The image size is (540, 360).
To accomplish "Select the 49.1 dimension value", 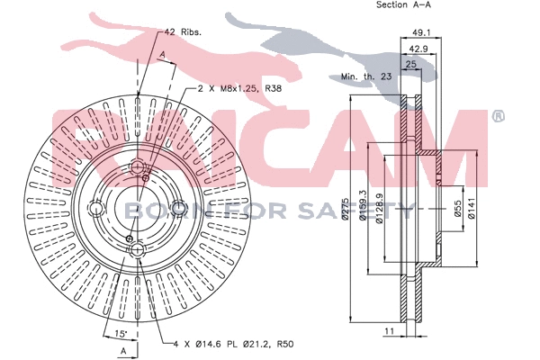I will pos(421,37).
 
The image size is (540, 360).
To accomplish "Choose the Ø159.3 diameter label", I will pos(363,206).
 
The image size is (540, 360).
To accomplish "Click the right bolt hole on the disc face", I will pos(179,209).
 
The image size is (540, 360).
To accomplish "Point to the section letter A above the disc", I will pos(161,56).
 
